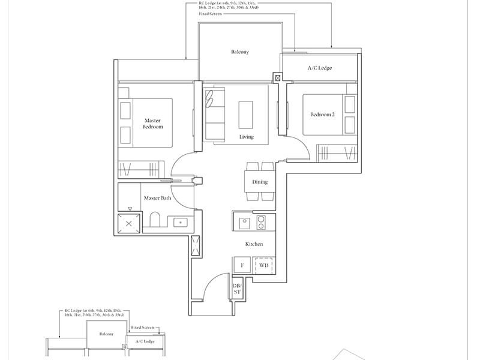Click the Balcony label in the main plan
(239, 52)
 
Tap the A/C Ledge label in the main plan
(319, 68)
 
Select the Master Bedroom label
(152, 124)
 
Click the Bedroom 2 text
(323, 115)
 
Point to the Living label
(246, 137)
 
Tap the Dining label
(260, 182)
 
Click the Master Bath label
(158, 197)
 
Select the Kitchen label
(254, 244)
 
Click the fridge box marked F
(242, 265)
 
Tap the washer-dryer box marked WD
(264, 265)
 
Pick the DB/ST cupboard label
(236, 289)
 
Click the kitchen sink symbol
(244, 223)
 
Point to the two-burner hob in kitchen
(262, 223)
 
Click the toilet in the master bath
(154, 221)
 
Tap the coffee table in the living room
(246, 114)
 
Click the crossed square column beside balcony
(277, 77)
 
